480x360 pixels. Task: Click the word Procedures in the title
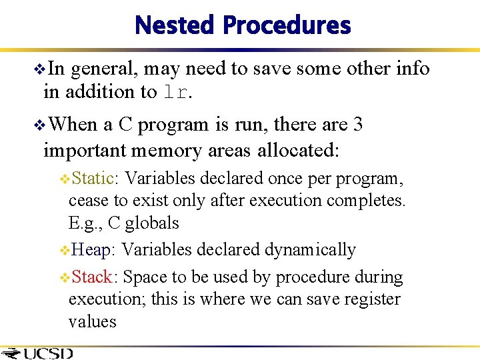[x=287, y=25]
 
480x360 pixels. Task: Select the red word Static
[x=94, y=178]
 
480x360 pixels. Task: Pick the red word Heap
[x=93, y=249]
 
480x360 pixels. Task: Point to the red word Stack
[x=94, y=276]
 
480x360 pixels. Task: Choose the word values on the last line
[x=92, y=321]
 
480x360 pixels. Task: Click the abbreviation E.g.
[x=83, y=223]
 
